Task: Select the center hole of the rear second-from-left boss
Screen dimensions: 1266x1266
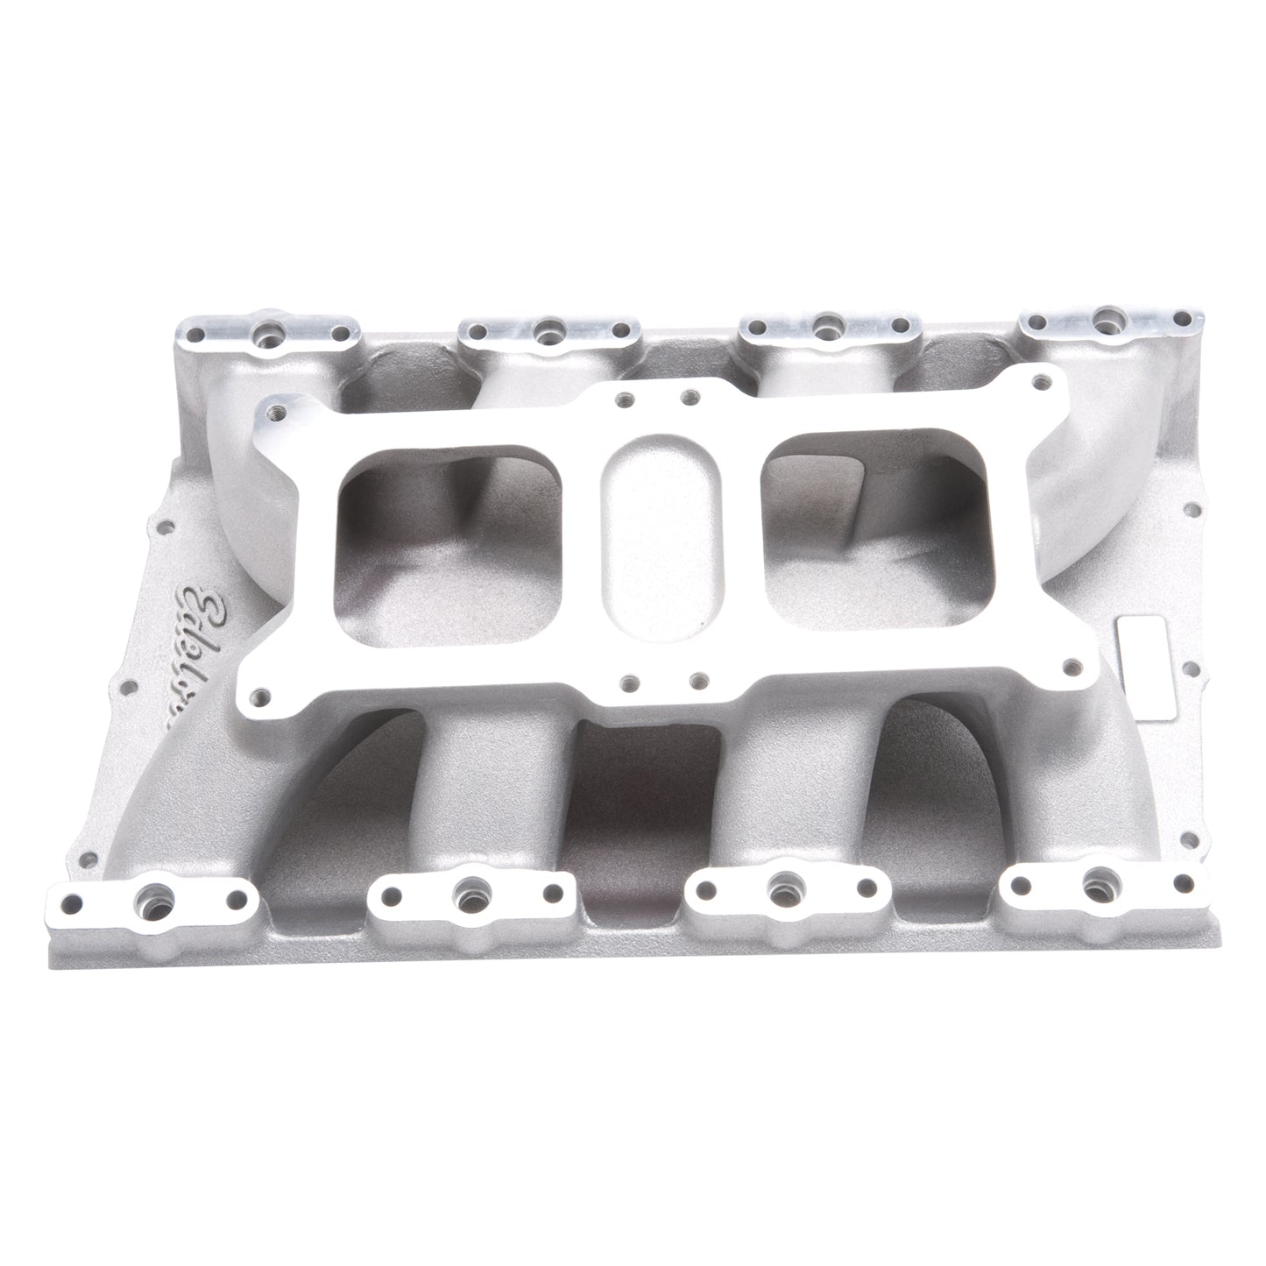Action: pos(548,329)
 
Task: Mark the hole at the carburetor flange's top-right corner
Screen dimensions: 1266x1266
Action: pos(1040,382)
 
